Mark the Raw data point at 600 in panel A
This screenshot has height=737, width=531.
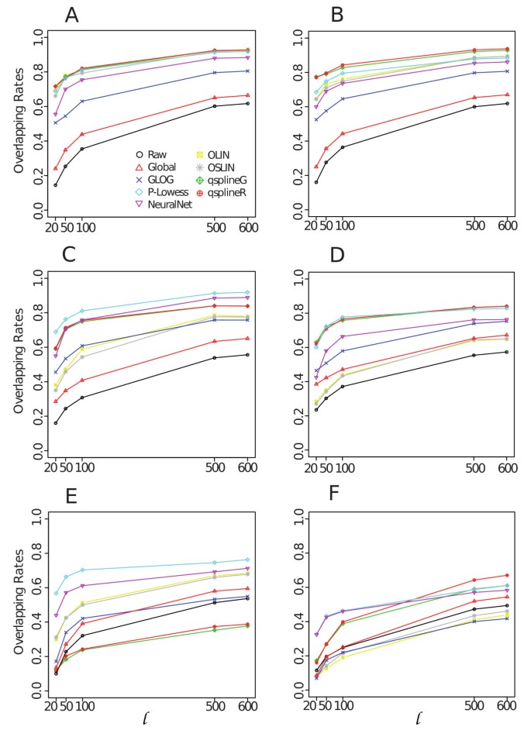tap(247, 103)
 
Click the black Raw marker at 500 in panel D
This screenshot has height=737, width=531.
tap(474, 355)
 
